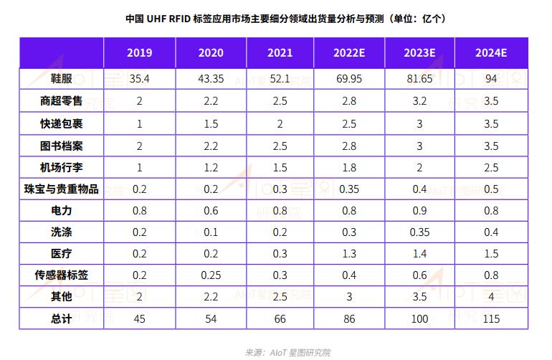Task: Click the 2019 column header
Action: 139,54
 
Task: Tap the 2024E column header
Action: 491,54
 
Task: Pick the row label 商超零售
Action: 62,101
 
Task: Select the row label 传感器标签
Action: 62,275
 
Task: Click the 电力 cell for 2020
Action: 210,211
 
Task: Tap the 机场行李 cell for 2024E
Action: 491,167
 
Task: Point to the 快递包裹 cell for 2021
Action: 280,123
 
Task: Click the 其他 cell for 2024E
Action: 491,296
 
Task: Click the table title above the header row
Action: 275,18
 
